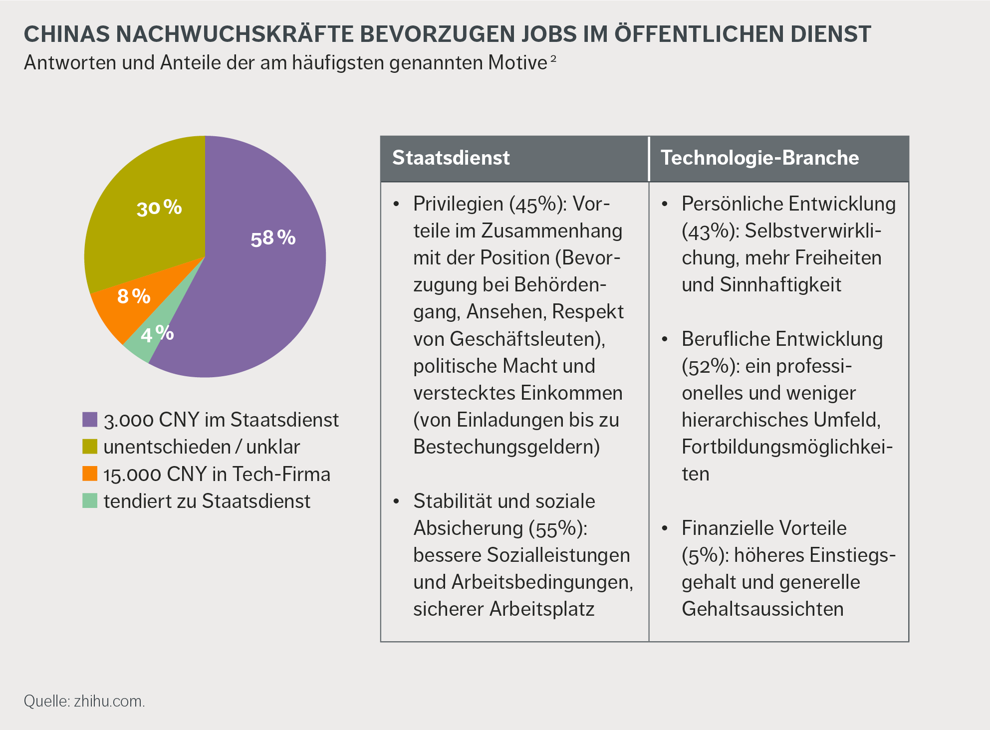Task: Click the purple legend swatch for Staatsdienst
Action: (90, 420)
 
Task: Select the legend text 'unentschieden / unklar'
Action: (202, 447)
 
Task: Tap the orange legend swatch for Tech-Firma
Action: (90, 474)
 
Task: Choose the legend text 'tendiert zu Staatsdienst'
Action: (207, 501)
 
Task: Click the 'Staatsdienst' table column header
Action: (451, 158)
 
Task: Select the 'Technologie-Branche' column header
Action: (759, 158)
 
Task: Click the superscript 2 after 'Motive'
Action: (553, 59)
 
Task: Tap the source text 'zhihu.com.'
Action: (109, 701)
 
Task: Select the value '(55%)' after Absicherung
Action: (558, 528)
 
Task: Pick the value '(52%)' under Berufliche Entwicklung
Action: (711, 367)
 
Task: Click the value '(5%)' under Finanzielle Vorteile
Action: (705, 555)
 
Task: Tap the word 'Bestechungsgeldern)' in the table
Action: (506, 447)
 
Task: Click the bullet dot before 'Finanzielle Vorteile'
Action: (665, 528)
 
